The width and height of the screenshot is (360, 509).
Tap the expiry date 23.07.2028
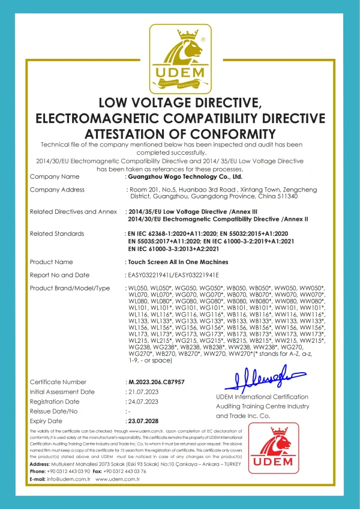point(145,421)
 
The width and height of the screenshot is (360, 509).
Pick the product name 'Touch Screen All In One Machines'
point(178,262)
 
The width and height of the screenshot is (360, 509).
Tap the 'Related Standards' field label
point(56,232)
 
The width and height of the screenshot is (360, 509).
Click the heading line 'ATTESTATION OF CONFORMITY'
point(180,133)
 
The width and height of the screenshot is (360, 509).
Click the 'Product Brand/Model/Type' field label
point(70,288)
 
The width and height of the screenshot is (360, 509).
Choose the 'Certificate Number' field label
point(58,382)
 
